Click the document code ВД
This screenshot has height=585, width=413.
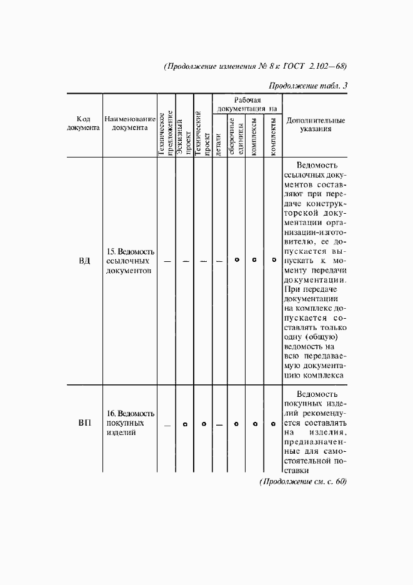(x=84, y=260)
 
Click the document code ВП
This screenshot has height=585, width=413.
(x=84, y=424)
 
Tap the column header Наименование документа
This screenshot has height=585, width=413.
(x=130, y=123)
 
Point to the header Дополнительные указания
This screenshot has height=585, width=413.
(x=315, y=123)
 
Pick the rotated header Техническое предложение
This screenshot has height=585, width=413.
(x=166, y=132)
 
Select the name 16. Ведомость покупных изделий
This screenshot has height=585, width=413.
(x=130, y=423)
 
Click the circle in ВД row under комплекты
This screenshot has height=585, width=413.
(x=273, y=259)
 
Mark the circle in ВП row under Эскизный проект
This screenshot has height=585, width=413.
(x=185, y=424)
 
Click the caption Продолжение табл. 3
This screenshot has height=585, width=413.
(x=307, y=86)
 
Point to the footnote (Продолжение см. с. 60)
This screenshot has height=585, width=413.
(x=302, y=481)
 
